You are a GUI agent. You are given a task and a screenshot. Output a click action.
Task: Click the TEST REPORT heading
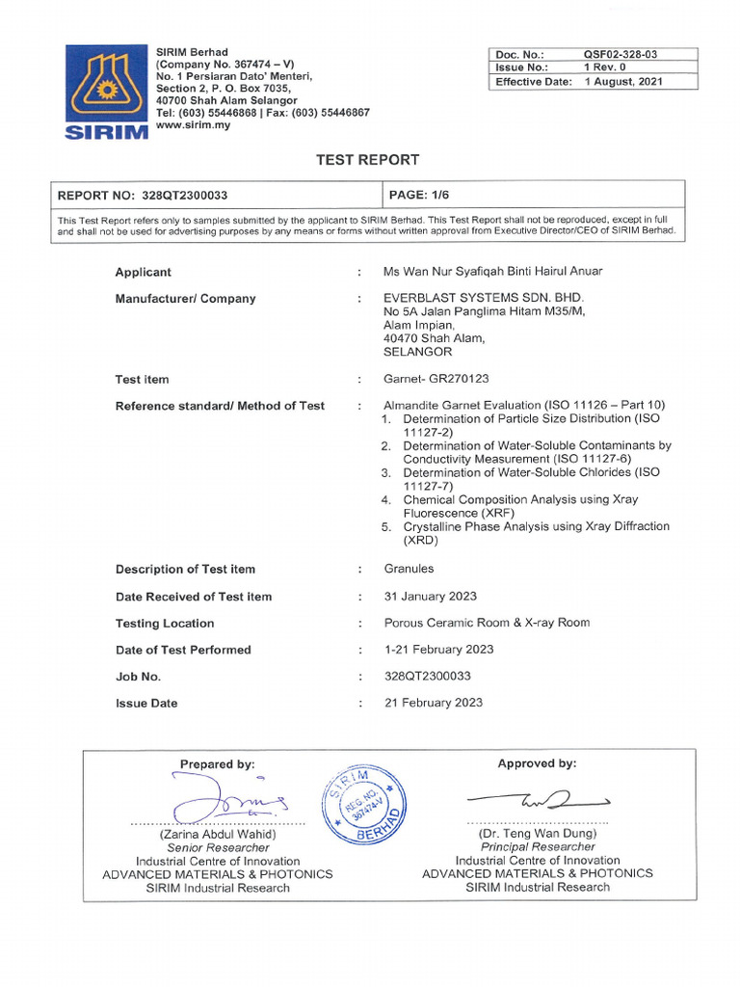click(x=368, y=160)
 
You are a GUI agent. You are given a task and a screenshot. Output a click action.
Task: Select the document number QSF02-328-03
click(x=626, y=55)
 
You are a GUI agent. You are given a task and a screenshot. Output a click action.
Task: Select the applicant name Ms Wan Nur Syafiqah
click(x=493, y=272)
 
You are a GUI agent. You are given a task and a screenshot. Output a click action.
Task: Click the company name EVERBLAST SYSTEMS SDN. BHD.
click(x=484, y=298)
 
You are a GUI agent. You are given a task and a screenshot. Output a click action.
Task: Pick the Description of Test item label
click(x=185, y=569)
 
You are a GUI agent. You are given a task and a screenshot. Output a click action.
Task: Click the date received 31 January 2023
click(x=430, y=596)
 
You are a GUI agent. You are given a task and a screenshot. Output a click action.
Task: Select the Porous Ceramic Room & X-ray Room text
click(x=487, y=623)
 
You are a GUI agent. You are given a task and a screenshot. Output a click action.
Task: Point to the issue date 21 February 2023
click(x=434, y=703)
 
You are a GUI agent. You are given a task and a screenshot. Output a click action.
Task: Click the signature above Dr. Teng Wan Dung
click(x=538, y=799)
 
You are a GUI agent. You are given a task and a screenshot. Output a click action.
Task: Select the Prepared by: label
click(x=217, y=764)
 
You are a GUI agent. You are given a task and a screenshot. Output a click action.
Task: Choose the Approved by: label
click(x=537, y=763)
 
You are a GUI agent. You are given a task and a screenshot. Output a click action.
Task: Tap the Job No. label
click(x=138, y=677)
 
